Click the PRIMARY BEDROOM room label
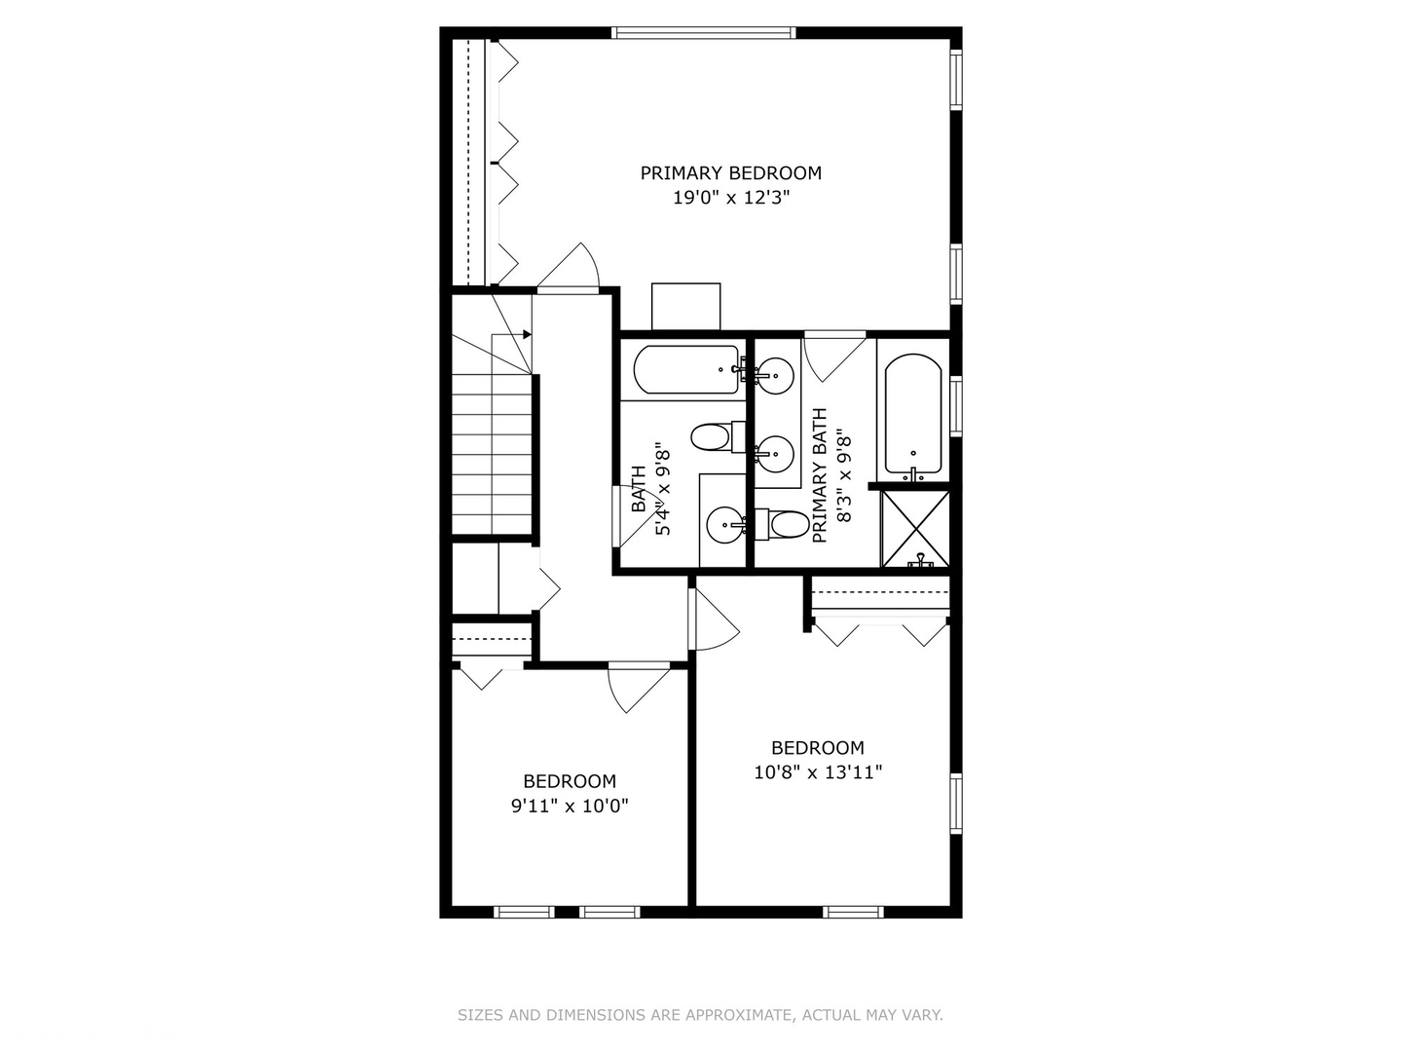click(x=730, y=173)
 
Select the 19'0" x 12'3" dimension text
click(x=730, y=198)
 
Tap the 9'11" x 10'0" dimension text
click(x=570, y=806)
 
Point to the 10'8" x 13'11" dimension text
click(x=818, y=772)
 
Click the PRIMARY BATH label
click(x=820, y=475)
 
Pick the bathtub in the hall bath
click(x=686, y=370)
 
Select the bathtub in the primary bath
click(x=912, y=414)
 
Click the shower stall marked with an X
click(x=915, y=529)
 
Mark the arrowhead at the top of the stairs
click(x=527, y=335)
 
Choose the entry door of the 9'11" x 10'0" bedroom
click(x=638, y=687)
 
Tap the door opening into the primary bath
click(x=832, y=356)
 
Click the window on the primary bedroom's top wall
click(x=703, y=33)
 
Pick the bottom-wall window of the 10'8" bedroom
click(x=854, y=912)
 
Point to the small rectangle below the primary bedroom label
click(x=685, y=307)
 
